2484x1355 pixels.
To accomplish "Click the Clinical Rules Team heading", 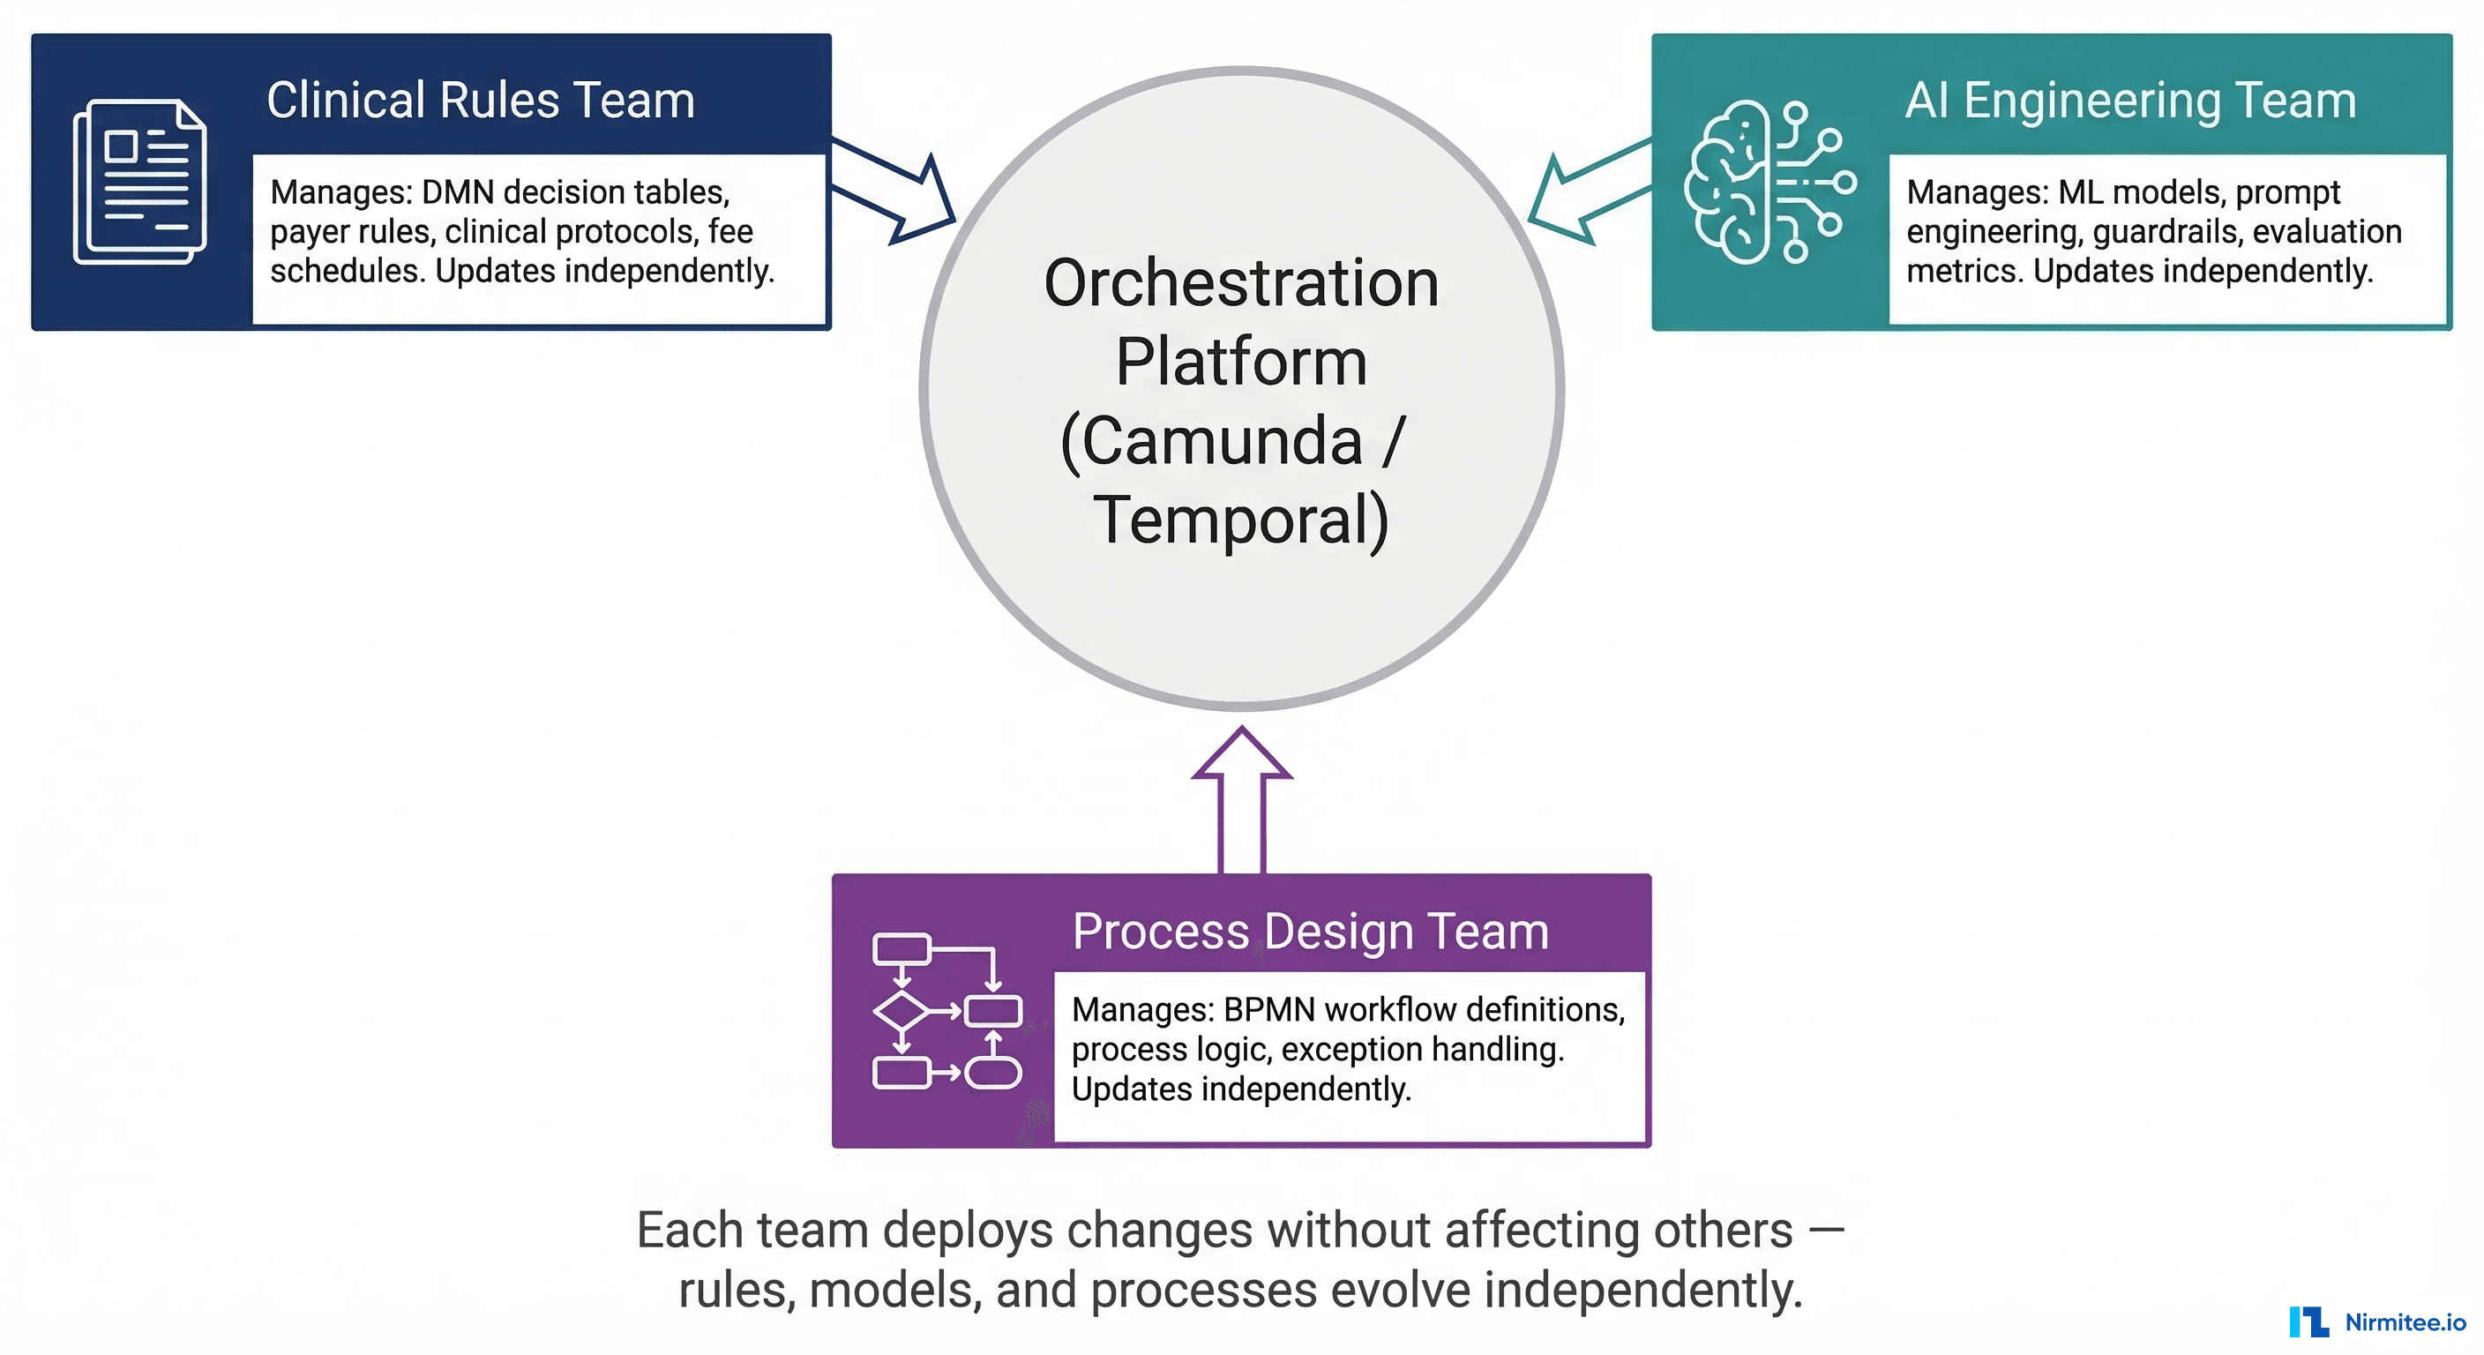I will pos(480,101).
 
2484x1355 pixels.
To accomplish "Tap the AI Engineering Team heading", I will pos(2130,101).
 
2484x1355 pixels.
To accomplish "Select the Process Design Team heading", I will pos(1310,932).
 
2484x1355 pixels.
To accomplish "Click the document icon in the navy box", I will pos(140,182).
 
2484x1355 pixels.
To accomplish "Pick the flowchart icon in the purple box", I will pos(946,1011).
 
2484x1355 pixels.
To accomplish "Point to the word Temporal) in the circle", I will pos(1241,520).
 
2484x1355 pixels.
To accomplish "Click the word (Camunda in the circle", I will pos(1211,442).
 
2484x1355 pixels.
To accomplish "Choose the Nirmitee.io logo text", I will pos(2404,1322).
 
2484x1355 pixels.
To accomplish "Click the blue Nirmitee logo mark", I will pos(2308,1321).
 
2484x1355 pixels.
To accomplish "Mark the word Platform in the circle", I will pos(1241,362).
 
